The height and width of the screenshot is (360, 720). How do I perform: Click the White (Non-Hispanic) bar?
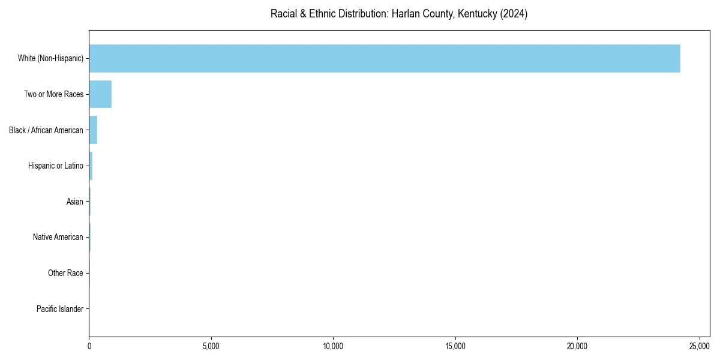click(x=384, y=58)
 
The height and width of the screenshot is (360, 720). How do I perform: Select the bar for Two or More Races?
click(x=100, y=94)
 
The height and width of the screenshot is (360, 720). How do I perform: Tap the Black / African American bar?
click(x=93, y=130)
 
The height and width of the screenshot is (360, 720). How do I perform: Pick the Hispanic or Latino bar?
click(x=91, y=166)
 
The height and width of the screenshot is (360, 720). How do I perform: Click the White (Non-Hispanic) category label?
click(x=50, y=58)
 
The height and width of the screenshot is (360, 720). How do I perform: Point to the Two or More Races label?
click(x=53, y=94)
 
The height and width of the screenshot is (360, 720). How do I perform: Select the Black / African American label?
click(x=46, y=130)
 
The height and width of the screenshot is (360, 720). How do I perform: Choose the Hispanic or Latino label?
click(x=56, y=166)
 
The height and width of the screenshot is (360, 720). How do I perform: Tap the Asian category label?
click(x=75, y=202)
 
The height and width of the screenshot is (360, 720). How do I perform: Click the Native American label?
click(x=58, y=237)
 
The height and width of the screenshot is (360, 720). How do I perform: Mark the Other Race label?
click(x=65, y=273)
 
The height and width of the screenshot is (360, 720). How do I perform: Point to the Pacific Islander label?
click(x=60, y=309)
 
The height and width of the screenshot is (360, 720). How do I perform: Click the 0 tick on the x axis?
click(x=89, y=346)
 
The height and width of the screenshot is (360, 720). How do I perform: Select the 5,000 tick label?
click(x=211, y=346)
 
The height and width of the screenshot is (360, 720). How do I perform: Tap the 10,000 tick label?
click(x=333, y=346)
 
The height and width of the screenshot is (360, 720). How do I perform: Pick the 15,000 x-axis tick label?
click(x=455, y=346)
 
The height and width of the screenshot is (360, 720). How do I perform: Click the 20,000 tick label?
click(x=577, y=346)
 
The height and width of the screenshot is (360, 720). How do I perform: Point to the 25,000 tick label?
click(x=700, y=346)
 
